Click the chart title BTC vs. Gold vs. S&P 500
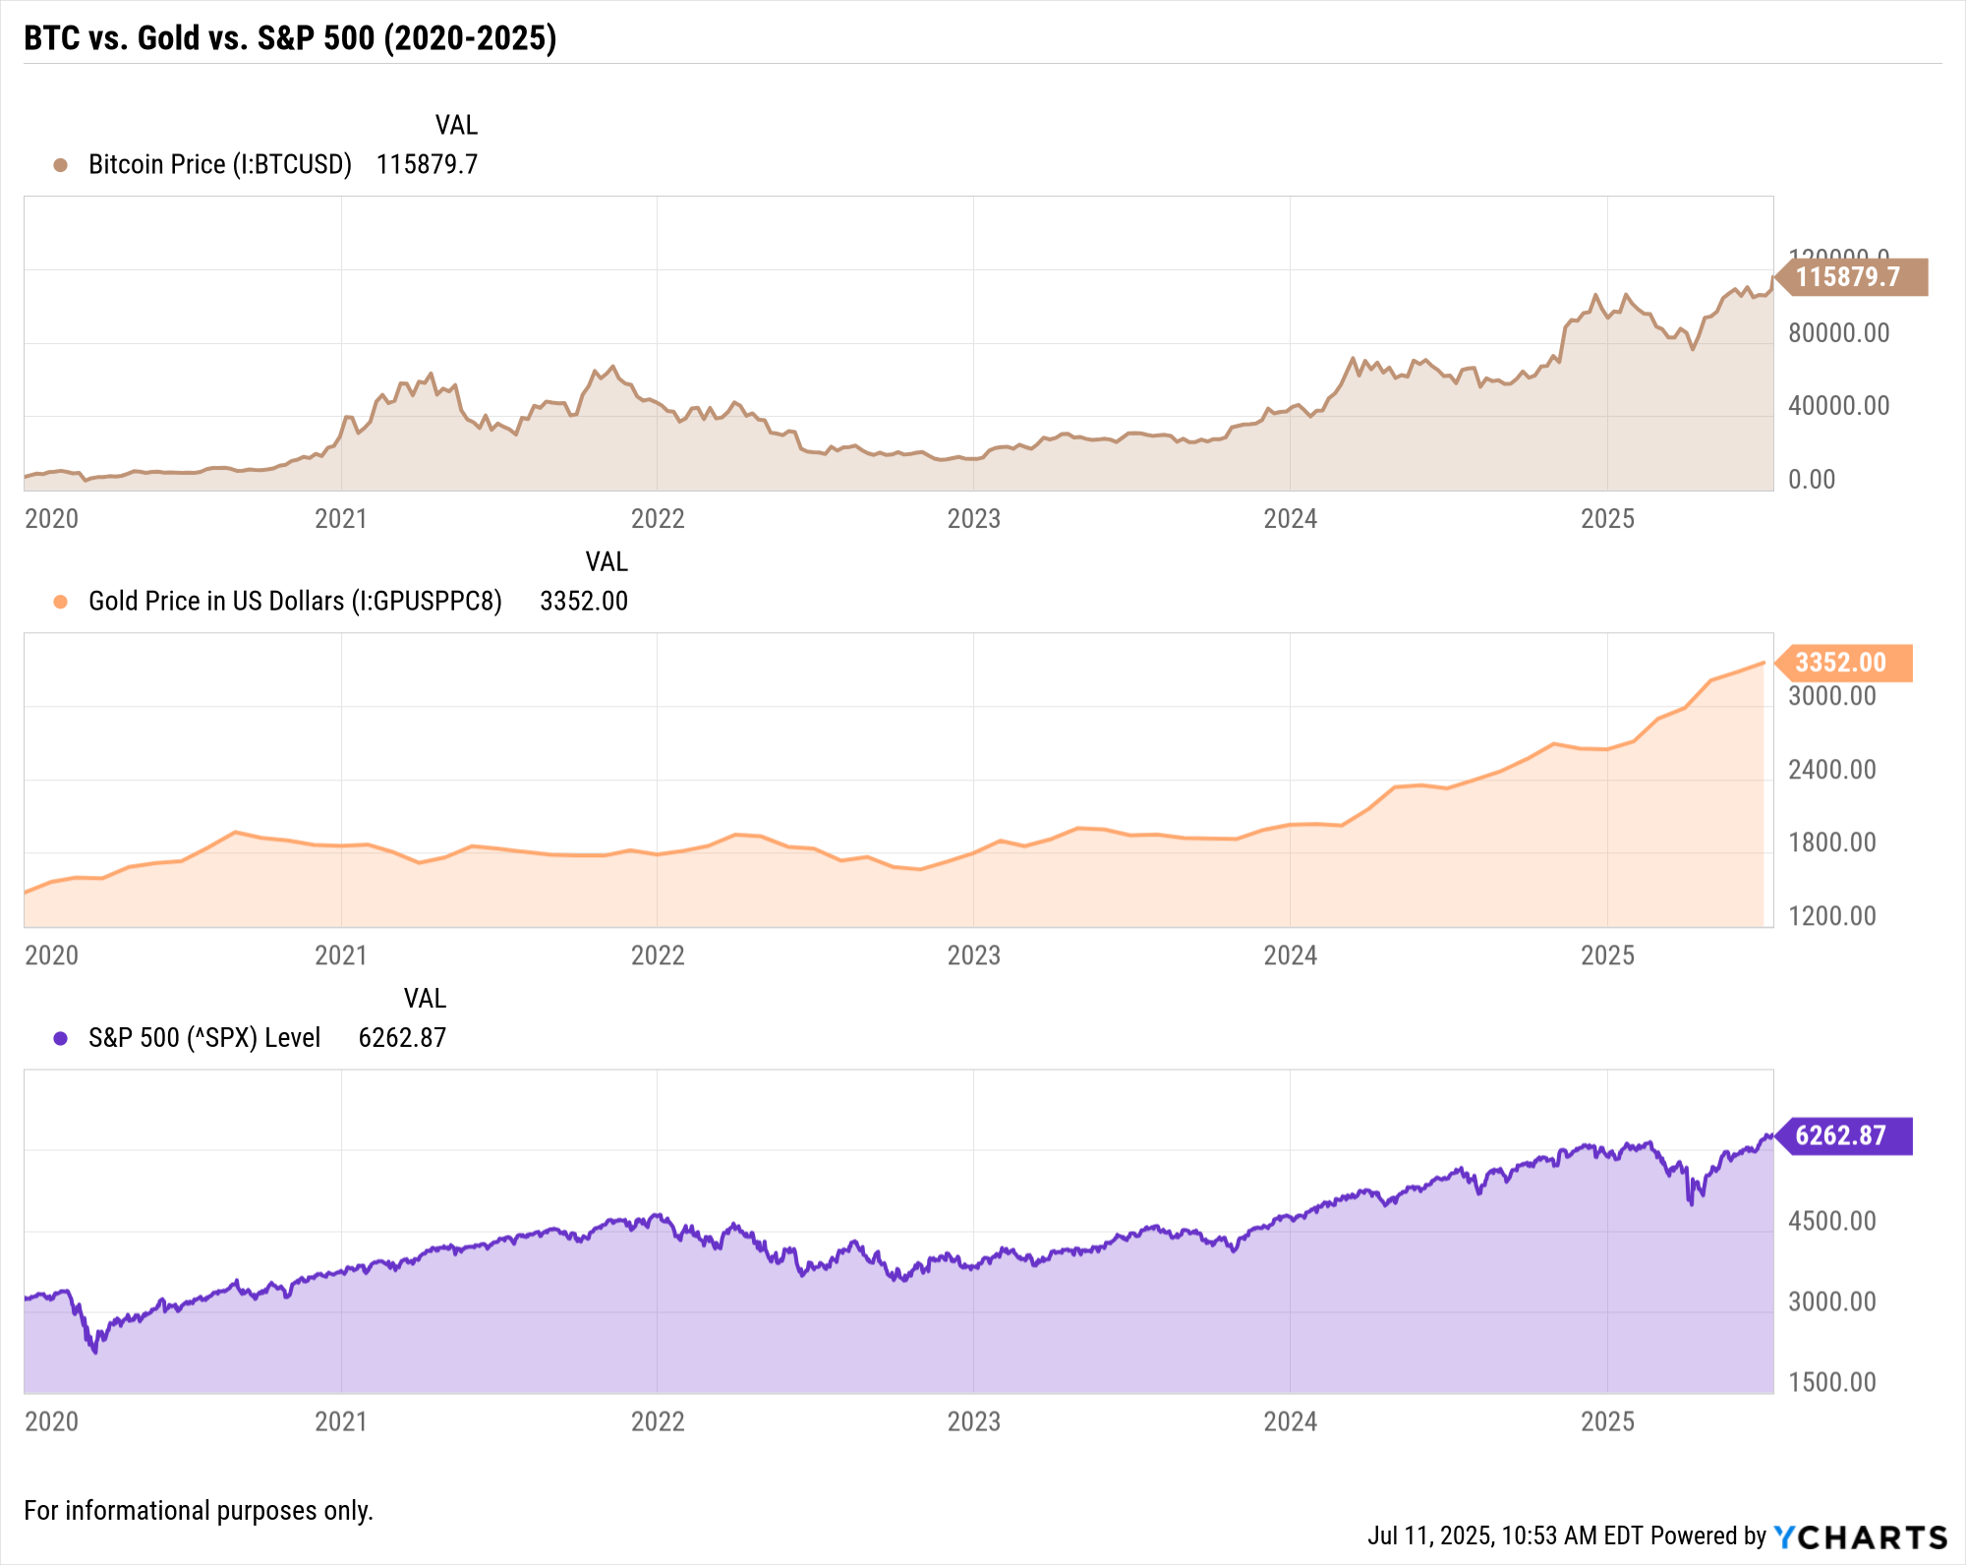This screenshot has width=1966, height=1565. [290, 37]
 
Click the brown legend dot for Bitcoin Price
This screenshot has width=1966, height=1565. [60, 165]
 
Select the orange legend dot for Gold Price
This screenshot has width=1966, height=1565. [60, 602]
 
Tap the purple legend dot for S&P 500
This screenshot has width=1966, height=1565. [60, 1038]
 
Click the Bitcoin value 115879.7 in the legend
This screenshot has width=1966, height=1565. [427, 164]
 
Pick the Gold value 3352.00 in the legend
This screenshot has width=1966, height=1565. [583, 601]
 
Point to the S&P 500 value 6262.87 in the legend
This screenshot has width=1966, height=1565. [402, 1037]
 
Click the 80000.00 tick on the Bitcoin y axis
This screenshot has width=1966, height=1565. [1838, 333]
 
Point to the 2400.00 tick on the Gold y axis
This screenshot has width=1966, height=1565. [1831, 770]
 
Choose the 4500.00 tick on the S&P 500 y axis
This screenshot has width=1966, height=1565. [1831, 1221]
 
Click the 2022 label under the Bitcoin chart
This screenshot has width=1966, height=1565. [657, 519]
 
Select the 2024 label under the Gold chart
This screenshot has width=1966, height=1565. [1290, 956]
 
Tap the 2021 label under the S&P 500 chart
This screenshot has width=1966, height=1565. [340, 1421]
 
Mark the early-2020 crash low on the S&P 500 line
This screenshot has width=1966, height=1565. [94, 1352]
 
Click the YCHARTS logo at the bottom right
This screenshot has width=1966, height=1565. [1860, 1536]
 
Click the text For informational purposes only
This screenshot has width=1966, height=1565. [199, 1511]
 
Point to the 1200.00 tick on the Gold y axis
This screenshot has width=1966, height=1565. [1831, 916]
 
